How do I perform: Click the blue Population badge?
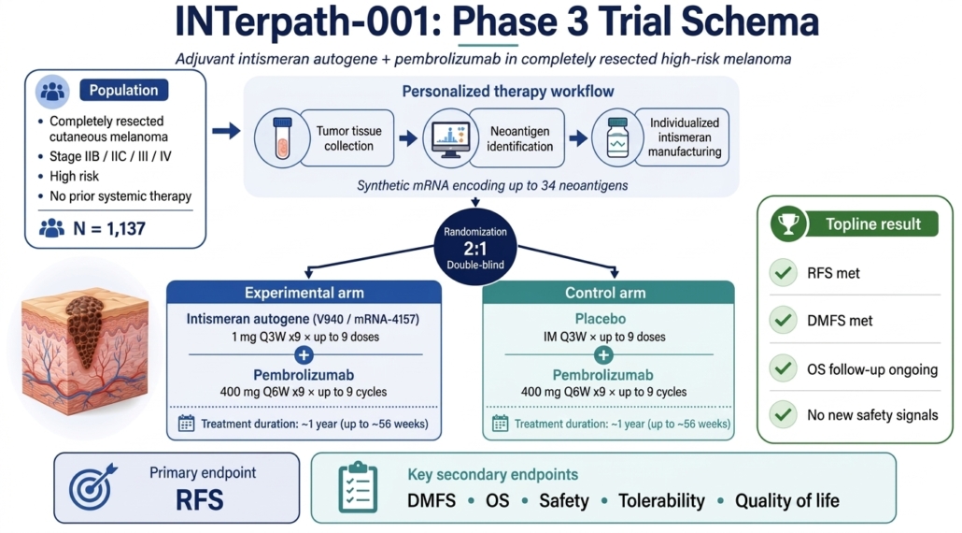[124, 91]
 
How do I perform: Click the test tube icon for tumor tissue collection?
[282, 138]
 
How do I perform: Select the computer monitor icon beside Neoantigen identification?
[450, 138]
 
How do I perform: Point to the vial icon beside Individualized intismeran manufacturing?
[617, 138]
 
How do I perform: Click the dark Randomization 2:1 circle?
[475, 247]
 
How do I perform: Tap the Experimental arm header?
[304, 293]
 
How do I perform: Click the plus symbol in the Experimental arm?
[304, 355]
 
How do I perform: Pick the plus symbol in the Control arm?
[603, 355]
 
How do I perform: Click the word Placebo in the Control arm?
[600, 319]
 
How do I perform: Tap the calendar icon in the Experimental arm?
[186, 423]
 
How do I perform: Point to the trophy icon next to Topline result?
[788, 223]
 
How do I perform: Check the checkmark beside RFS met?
[784, 273]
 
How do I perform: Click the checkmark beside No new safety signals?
[784, 414]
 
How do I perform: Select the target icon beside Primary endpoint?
[92, 487]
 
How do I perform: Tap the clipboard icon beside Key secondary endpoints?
[359, 487]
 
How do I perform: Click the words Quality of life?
[787, 501]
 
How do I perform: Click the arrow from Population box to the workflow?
[226, 131]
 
